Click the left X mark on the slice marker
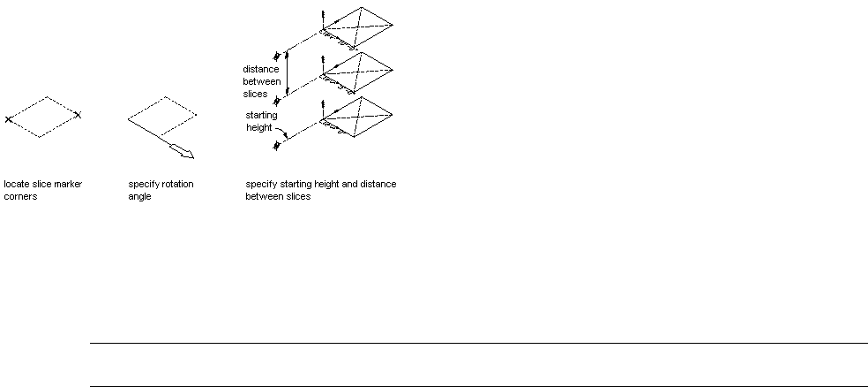(8, 118)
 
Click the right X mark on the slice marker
(78, 115)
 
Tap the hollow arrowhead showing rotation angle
(184, 152)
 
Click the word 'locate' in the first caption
(15, 185)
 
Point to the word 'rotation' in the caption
(178, 185)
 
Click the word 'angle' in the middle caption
(139, 197)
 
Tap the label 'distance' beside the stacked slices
(261, 68)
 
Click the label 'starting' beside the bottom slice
(263, 115)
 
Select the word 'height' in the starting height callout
(261, 126)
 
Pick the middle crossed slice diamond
(357, 71)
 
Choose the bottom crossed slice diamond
(357, 115)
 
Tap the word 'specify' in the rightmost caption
(259, 185)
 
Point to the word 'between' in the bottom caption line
(262, 197)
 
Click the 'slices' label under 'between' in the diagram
(256, 94)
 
